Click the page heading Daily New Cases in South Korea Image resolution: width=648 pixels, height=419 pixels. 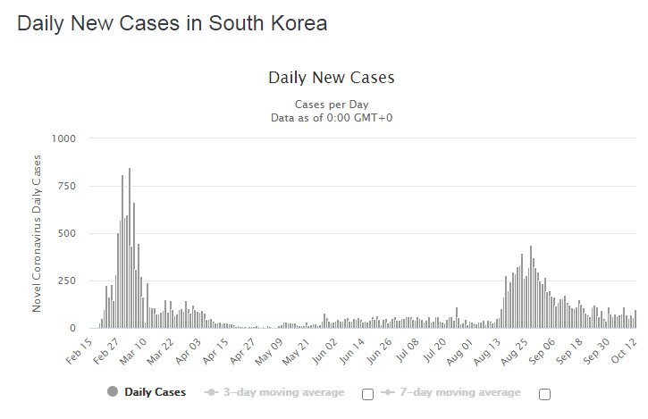click(172, 24)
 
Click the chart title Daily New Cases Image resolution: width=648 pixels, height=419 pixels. click(331, 78)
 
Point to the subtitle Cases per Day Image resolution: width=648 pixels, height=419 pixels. click(331, 105)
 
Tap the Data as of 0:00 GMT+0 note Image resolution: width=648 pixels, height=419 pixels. click(331, 117)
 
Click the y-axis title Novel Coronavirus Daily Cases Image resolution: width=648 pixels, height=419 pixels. click(37, 233)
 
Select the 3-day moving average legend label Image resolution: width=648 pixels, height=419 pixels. click(283, 392)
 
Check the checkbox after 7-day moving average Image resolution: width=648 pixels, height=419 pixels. click(544, 394)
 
